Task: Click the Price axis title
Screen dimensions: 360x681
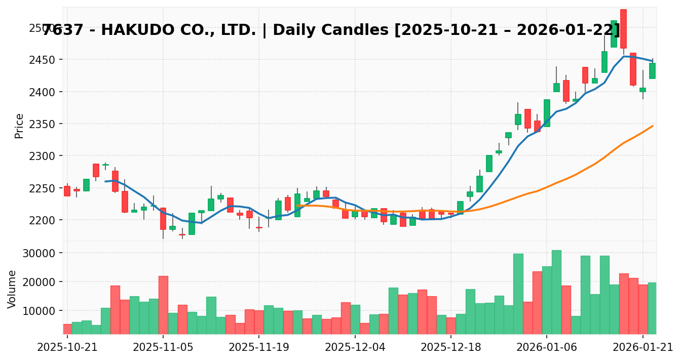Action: click(19, 126)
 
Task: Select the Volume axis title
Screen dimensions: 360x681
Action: click(12, 289)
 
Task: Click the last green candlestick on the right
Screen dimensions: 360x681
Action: click(652, 71)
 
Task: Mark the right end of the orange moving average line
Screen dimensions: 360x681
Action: click(653, 126)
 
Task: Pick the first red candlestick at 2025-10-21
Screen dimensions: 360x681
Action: click(67, 191)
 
